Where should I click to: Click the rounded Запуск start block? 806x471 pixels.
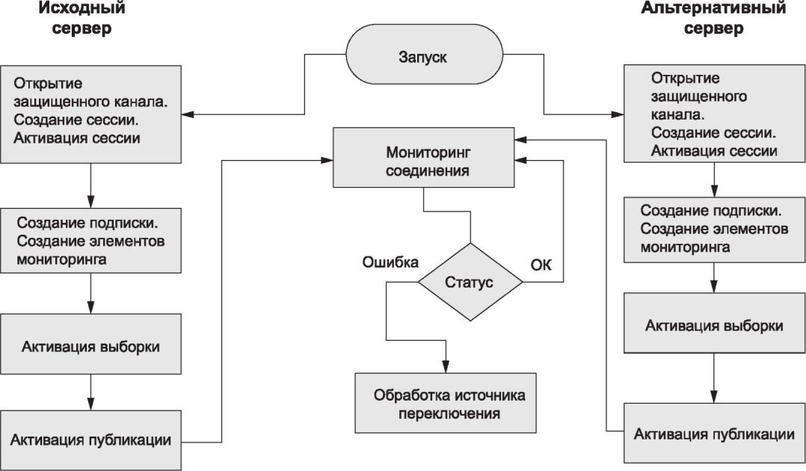pos(424,55)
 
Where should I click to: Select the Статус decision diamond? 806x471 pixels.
pos(470,282)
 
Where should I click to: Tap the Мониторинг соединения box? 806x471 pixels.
pos(423,157)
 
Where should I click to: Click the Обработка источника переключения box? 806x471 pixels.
pos(445,403)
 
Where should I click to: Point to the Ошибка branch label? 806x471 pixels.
pos(390,262)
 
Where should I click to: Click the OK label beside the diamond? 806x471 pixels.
pos(541,265)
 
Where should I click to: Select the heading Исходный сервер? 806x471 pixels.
pos(81,17)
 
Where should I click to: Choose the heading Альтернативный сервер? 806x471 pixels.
pos(713,17)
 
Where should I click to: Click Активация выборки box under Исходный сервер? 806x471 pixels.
pos(90,344)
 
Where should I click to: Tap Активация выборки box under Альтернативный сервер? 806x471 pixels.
pos(715,323)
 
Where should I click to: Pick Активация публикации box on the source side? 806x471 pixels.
pos(90,440)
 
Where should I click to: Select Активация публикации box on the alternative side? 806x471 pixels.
pos(715,433)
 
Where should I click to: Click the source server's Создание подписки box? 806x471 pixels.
pos(90,240)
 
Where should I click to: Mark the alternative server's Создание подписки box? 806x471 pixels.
pos(715,230)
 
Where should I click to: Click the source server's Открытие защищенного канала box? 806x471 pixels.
pos(90,114)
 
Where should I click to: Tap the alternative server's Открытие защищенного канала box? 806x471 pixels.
pos(715,113)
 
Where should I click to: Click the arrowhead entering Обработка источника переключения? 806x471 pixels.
pos(446,366)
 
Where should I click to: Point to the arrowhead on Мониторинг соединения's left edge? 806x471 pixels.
pos(327,161)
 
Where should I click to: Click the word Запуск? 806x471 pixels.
pos(422,57)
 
